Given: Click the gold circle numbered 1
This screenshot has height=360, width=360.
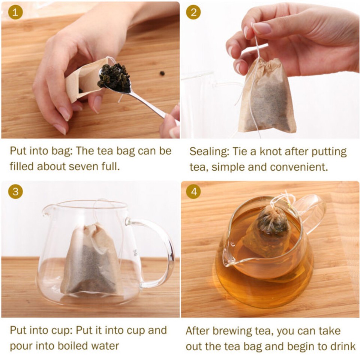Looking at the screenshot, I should coord(15,12).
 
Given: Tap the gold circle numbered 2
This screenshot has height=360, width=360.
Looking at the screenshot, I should coord(193,12).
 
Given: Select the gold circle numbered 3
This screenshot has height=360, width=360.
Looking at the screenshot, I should coord(15,192).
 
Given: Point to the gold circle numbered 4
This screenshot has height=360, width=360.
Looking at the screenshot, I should coord(193,192).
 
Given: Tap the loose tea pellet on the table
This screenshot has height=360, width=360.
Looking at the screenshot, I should coord(162,73).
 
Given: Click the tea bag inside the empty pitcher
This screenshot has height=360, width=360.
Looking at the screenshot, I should coord(92,261).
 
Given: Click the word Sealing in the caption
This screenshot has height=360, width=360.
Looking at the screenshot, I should coord(207,152).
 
